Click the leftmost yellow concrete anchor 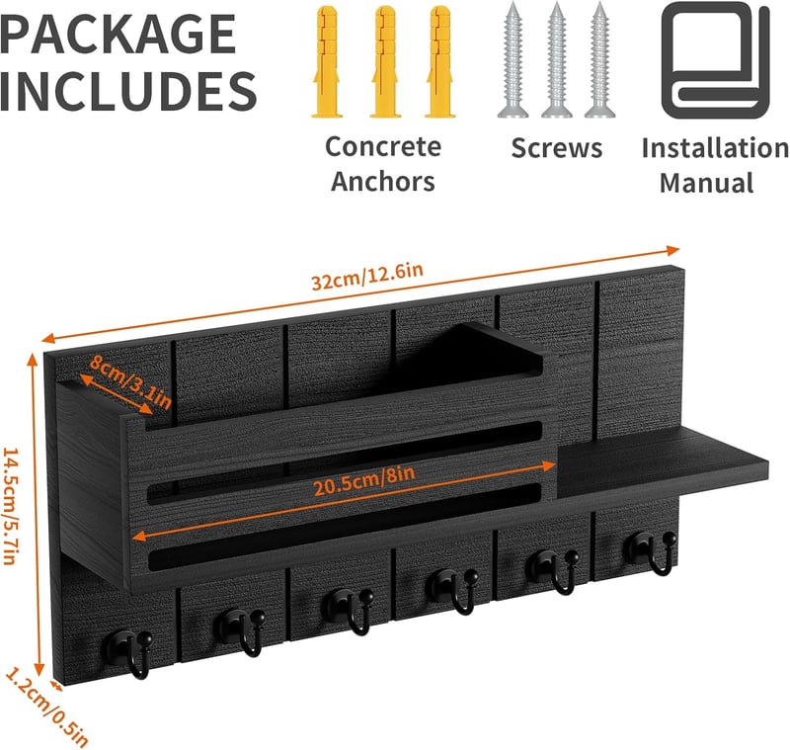tap(327, 61)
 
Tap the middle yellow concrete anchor tap(385, 61)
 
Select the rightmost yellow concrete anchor tap(440, 61)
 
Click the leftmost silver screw tap(513, 59)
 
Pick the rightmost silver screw tap(599, 59)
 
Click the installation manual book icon tap(715, 60)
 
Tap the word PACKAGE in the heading tap(118, 34)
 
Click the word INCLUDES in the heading tap(128, 91)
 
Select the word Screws tap(557, 147)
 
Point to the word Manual tap(707, 183)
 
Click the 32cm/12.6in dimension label tap(367, 277)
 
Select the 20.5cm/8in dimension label tap(364, 480)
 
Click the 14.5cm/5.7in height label tap(12, 506)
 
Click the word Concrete tap(383, 146)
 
